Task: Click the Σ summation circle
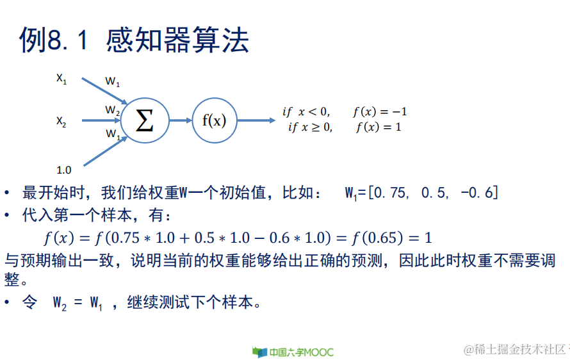(x=145, y=120)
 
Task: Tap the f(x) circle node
(x=214, y=120)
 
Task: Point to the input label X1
(x=61, y=79)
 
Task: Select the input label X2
(x=61, y=121)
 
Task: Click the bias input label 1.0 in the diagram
(x=64, y=170)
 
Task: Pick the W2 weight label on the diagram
(x=113, y=111)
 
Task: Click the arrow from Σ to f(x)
(x=181, y=120)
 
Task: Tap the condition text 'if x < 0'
(x=306, y=111)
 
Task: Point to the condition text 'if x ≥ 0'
(x=310, y=127)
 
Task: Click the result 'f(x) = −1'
(x=380, y=111)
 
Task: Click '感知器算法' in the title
(x=177, y=40)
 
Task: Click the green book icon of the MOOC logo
(x=259, y=352)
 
